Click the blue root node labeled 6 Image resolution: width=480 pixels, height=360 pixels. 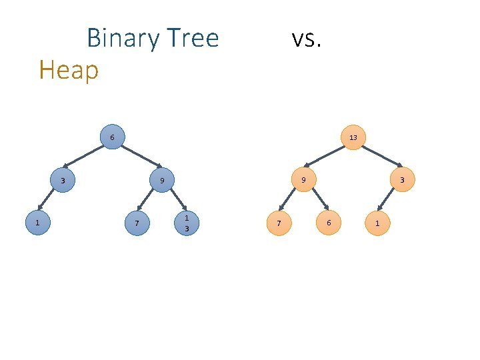[x=112, y=137]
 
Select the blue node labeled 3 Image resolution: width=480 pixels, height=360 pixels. [x=63, y=181]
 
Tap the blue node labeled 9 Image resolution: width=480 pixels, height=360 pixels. [x=161, y=181]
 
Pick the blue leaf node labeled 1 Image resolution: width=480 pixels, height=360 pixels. [x=38, y=223]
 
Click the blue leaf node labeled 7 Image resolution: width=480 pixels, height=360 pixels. [x=137, y=223]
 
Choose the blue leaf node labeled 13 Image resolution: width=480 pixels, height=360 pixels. [x=187, y=223]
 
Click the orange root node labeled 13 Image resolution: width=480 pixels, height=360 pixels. [x=353, y=137]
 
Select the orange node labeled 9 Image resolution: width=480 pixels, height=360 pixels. [x=303, y=180]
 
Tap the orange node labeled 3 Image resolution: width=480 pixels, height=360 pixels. [x=402, y=180]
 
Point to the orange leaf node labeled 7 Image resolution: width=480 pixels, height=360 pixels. [x=279, y=223]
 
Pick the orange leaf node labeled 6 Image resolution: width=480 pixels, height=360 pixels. [x=328, y=223]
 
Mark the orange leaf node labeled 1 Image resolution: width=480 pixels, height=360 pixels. [x=377, y=223]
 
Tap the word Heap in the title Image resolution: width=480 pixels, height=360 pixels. [x=69, y=69]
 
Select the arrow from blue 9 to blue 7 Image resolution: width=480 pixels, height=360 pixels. [x=149, y=202]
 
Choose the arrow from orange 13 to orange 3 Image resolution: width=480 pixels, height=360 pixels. [x=378, y=159]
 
